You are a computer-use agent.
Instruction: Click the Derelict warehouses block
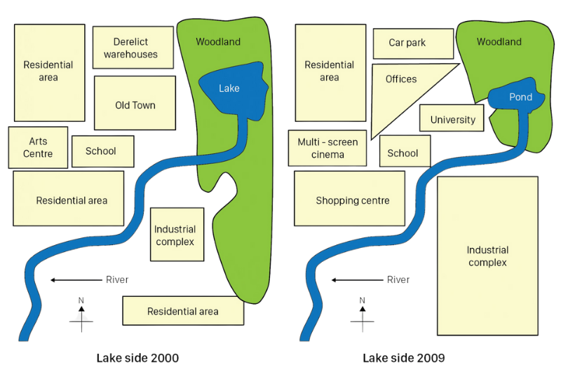(x=133, y=48)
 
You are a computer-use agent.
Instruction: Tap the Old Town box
(x=135, y=103)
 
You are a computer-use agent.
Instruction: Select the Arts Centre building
(x=38, y=148)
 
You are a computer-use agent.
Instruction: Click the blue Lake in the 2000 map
(x=233, y=90)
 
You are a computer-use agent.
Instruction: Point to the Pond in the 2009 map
(x=517, y=96)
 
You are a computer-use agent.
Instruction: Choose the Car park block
(x=413, y=43)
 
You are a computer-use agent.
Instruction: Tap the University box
(x=452, y=118)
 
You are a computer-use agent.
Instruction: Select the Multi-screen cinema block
(x=327, y=148)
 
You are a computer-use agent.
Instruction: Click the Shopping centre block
(x=349, y=199)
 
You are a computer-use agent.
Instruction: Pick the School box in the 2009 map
(x=405, y=151)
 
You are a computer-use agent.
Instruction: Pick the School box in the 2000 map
(x=103, y=151)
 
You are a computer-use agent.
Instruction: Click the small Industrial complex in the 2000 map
(x=177, y=235)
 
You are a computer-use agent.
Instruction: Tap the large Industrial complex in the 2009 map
(x=487, y=256)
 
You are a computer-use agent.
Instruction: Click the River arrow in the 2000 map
(x=76, y=280)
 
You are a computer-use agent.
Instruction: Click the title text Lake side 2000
(x=137, y=358)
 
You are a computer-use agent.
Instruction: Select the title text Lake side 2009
(x=404, y=358)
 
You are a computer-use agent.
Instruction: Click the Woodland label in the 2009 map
(x=499, y=42)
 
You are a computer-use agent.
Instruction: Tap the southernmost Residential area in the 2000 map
(x=183, y=311)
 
